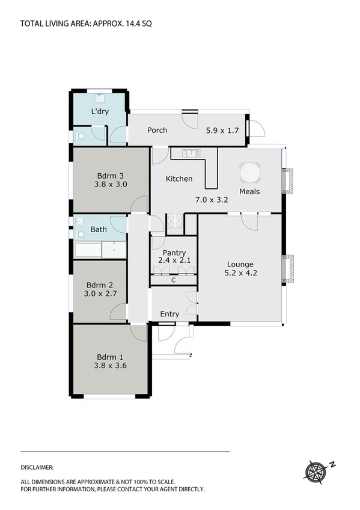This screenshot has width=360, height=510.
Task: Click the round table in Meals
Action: point(251,174)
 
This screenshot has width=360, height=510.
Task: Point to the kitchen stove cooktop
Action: point(174,221)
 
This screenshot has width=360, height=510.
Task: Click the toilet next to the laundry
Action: point(81,137)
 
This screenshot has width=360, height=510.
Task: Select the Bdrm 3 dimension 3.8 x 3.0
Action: point(111,185)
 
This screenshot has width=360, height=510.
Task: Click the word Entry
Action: point(169,314)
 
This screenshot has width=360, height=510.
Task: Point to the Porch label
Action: point(157,130)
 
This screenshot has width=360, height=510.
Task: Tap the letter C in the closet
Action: point(173,280)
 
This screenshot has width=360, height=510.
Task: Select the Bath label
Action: point(99,229)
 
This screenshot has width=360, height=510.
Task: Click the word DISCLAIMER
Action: point(37,467)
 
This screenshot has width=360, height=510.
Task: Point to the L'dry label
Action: point(100,112)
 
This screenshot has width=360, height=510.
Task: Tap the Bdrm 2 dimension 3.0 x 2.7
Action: point(100,294)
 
